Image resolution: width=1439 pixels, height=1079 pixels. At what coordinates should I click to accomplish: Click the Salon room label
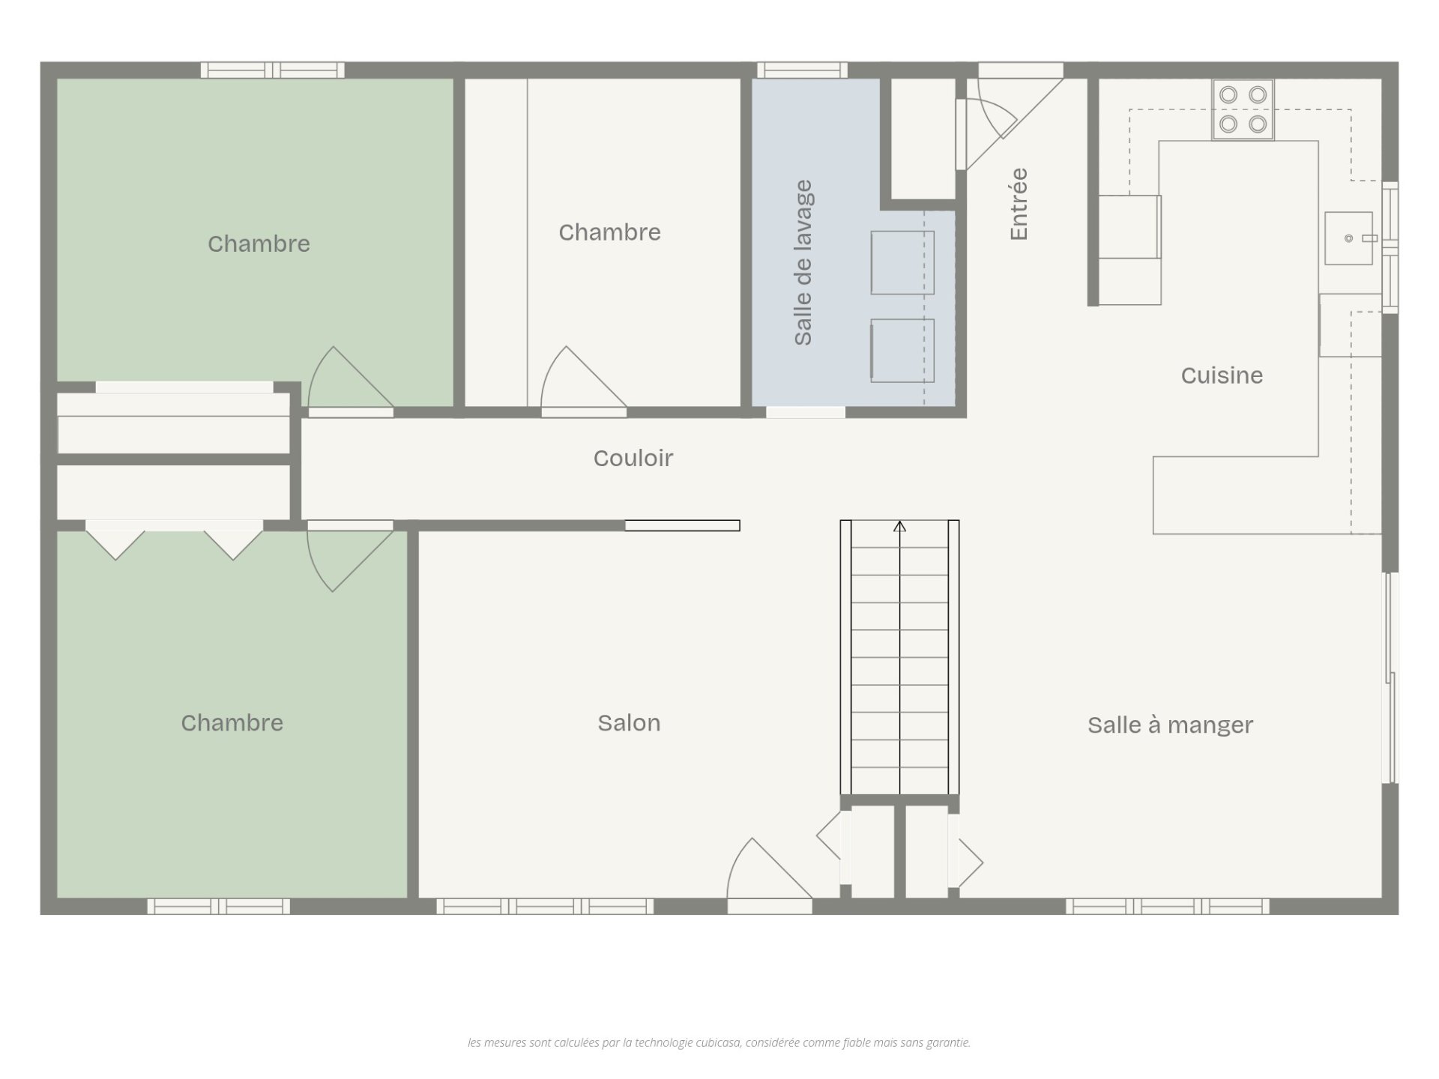pyautogui.click(x=629, y=723)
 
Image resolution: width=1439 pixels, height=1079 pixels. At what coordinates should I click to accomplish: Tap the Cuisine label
pyautogui.click(x=1222, y=375)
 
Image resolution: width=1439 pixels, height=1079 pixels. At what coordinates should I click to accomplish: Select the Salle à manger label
pyautogui.click(x=1170, y=725)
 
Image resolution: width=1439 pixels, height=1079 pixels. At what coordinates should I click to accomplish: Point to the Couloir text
pyautogui.click(x=633, y=458)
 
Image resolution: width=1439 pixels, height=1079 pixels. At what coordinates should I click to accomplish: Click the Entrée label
pyautogui.click(x=1019, y=204)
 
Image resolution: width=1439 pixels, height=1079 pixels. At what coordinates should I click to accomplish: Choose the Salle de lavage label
pyautogui.click(x=803, y=262)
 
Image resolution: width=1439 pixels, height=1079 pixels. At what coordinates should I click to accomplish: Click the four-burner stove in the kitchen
pyautogui.click(x=1243, y=109)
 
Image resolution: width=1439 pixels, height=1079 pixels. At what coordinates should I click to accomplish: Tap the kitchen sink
pyautogui.click(x=1348, y=238)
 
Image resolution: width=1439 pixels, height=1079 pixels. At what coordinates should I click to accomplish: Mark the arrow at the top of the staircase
pyautogui.click(x=899, y=527)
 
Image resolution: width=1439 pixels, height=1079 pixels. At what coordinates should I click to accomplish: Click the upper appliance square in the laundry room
pyautogui.click(x=902, y=262)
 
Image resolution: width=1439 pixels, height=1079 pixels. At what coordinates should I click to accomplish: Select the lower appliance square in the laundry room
pyautogui.click(x=902, y=351)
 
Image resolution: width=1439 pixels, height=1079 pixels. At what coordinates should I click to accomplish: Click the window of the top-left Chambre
pyautogui.click(x=273, y=70)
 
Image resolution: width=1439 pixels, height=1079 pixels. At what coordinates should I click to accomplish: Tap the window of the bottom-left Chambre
pyautogui.click(x=218, y=907)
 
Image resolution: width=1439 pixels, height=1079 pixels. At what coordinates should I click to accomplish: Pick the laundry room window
pyautogui.click(x=802, y=70)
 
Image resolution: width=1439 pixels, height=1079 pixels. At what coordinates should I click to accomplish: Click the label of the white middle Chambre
pyautogui.click(x=609, y=232)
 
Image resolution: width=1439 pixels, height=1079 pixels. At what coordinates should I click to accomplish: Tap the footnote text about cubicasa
pyautogui.click(x=719, y=1042)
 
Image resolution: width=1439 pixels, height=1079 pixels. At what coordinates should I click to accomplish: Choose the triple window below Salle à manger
pyautogui.click(x=1168, y=907)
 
